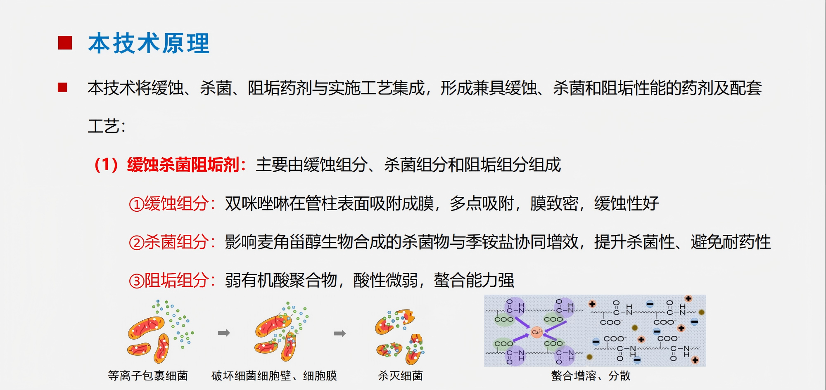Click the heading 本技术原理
pos(149,43)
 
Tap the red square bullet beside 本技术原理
pos(65,43)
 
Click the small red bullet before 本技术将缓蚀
pos(62,87)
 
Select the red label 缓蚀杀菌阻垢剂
pos(183,165)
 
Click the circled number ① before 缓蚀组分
pos(136,204)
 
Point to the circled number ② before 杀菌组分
pos(136,242)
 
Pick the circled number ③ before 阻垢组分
pos(136,281)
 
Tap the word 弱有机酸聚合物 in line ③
pos(281,280)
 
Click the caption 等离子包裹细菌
pos(148,376)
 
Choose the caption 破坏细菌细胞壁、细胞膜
pos(274,376)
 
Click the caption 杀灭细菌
pos(400,376)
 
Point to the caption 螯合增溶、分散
pos(591,376)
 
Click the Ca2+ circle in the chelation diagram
pos(536,332)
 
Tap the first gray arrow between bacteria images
pos(224,333)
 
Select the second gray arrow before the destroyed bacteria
pos(339,333)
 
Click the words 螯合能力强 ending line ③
pos(474,280)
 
